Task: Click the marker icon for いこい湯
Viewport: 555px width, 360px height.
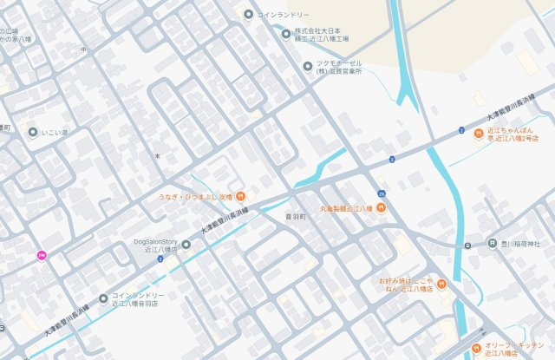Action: pos(33,133)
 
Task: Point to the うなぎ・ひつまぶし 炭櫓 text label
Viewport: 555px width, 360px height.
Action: pos(195,196)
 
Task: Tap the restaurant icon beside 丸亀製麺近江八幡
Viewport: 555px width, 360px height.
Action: pos(381,208)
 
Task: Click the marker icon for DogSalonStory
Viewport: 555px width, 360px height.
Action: pos(186,244)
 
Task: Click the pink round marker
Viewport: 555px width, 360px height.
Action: pos(41,255)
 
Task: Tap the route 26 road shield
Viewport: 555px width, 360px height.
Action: pos(382,192)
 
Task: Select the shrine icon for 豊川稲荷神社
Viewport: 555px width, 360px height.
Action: pos(493,244)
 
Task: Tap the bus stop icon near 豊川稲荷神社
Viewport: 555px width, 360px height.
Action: pos(468,245)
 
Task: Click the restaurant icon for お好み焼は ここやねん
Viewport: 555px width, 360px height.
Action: pos(441,284)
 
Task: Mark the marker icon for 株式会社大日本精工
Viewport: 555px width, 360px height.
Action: pos(286,35)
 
